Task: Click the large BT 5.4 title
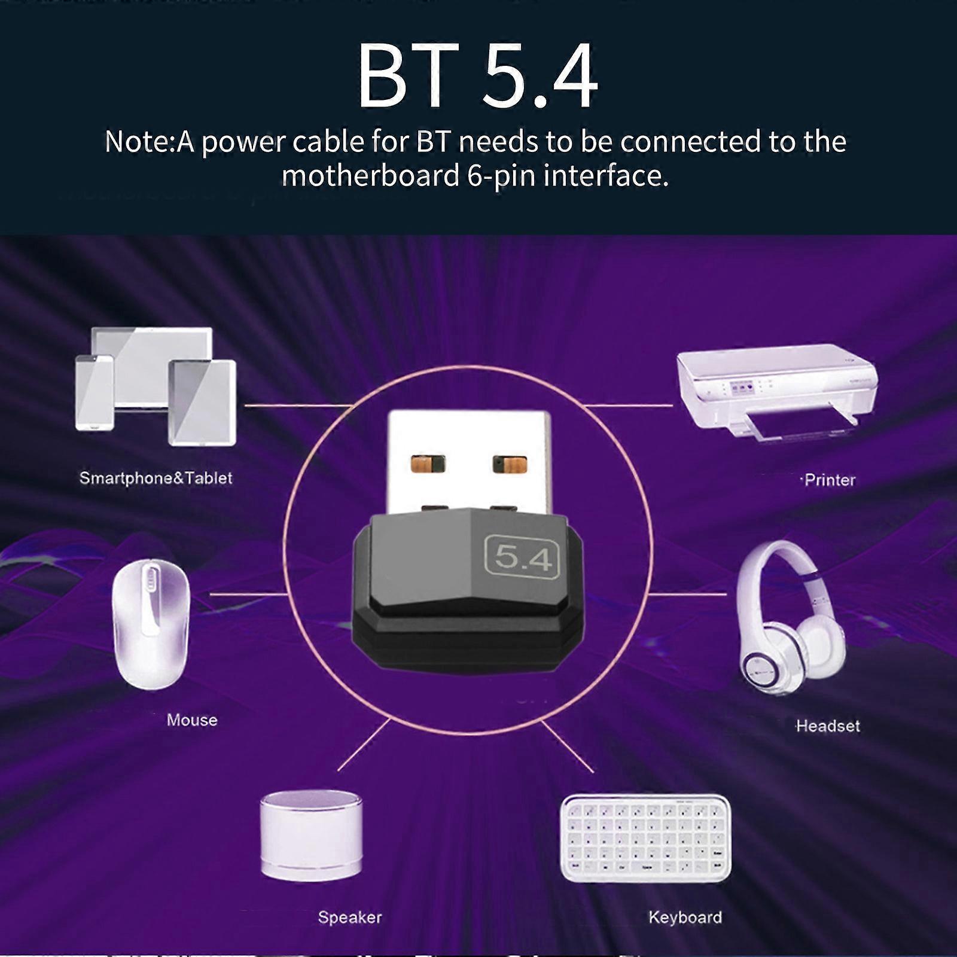pos(477,76)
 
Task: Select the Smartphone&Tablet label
pos(156,478)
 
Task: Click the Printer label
pos(830,480)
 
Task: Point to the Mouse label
pos(191,720)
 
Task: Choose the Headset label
pos(828,726)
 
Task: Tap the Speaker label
pos(349,917)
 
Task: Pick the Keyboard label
pos(685,917)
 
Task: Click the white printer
pos(776,389)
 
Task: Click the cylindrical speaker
pos(311,834)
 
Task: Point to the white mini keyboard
pos(645,837)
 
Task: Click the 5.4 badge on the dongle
pos(521,557)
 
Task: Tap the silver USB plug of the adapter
pos(468,461)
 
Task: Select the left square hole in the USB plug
pos(428,464)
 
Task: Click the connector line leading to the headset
pos(688,595)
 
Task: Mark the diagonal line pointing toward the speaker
pos(364,745)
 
